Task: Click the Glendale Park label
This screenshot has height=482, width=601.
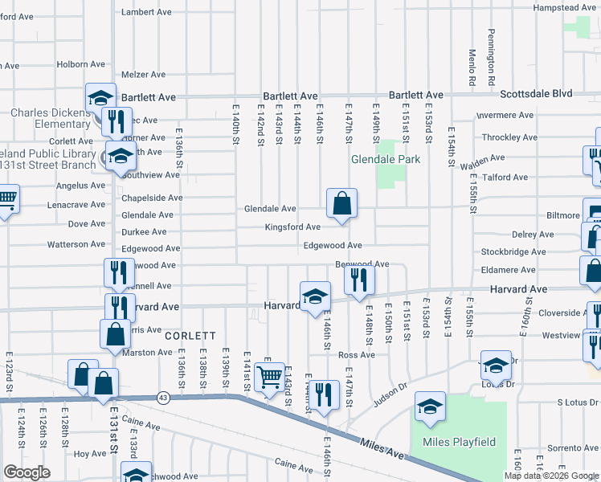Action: pos(386,159)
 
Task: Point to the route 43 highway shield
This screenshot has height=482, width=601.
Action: pos(163,397)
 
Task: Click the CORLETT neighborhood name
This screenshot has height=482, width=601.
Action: pos(190,336)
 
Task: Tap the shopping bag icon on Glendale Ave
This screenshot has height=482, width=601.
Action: pos(341,205)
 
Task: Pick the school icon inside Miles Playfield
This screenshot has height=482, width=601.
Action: pos(430,409)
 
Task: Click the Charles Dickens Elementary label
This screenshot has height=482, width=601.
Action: pos(50,118)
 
